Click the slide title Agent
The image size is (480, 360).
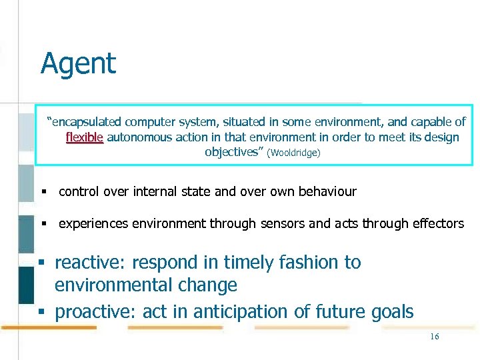point(78,64)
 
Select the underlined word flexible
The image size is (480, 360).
point(85,137)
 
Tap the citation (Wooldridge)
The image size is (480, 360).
point(293,153)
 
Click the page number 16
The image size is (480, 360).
point(434,337)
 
